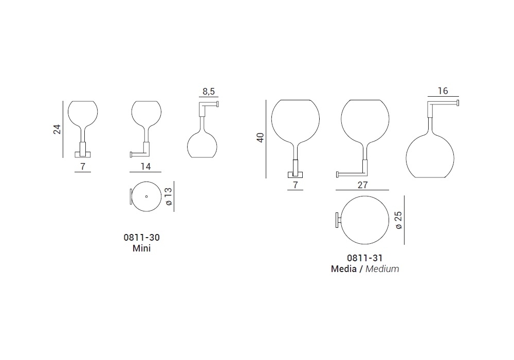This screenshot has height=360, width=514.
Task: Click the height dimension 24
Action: pos(58,129)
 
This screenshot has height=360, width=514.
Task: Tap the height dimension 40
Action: pos(260,137)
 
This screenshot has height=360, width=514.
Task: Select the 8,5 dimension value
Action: pos(209,92)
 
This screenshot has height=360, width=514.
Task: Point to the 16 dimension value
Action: pos(443,91)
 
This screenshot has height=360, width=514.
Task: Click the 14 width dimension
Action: pos(145,167)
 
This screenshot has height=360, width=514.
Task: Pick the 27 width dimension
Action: pos(362,185)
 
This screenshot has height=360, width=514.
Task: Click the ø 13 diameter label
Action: pos(169,196)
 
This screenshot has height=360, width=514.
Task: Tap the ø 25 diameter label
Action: pos(398,220)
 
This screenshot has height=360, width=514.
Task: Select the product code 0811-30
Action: pos(142,238)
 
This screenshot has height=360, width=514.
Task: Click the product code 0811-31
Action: pos(365,258)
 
